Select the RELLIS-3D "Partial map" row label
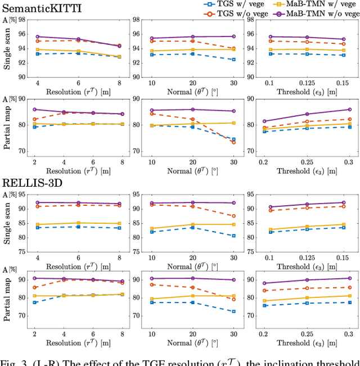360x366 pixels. point(7,301)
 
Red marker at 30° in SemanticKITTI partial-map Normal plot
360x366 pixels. point(233,142)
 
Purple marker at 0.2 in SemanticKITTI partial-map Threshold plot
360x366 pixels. point(265,121)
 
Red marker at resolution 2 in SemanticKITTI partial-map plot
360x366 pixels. point(35,119)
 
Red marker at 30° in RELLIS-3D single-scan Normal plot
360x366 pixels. point(233,216)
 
